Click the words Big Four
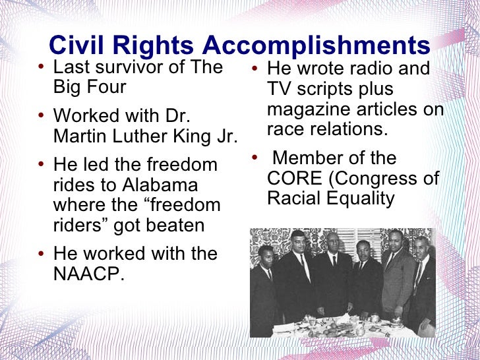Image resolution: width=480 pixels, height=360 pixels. point(90,86)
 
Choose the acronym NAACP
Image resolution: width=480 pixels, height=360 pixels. point(88,274)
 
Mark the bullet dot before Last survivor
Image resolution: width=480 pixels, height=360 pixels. point(42,68)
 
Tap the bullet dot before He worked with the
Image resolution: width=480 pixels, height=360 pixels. point(42,255)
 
